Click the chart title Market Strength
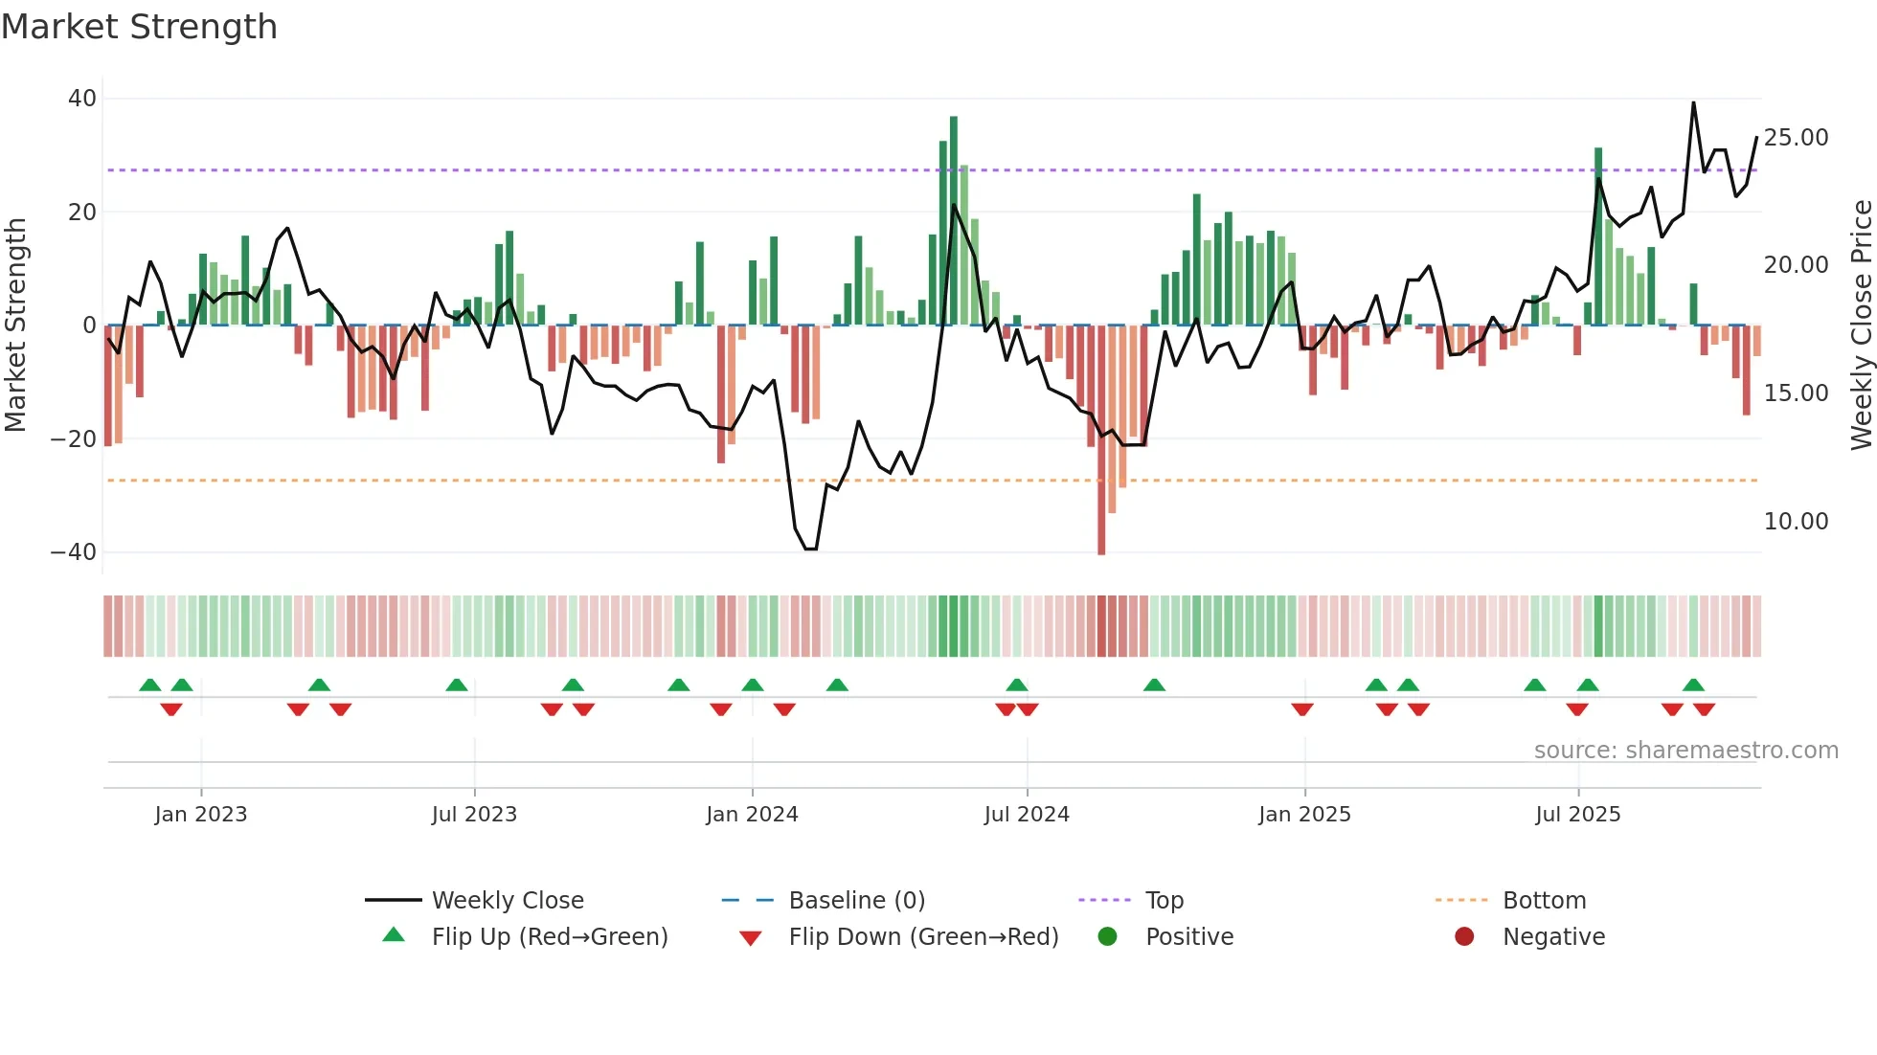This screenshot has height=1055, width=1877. coord(139,27)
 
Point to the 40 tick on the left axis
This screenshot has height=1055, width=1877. coord(82,99)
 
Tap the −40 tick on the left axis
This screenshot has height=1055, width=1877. coord(74,552)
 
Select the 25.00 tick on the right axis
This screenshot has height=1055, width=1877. coord(1796,138)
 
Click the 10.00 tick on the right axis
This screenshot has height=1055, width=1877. coord(1796,522)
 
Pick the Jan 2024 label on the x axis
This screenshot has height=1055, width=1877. coord(752,815)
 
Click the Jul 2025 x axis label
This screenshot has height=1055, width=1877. coord(1577,815)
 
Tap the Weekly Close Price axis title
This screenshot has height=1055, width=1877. coord(1861,325)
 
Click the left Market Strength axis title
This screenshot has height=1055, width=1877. coord(15,325)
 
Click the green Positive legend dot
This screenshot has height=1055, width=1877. coord(1108,937)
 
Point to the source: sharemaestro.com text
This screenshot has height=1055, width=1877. coord(1685,751)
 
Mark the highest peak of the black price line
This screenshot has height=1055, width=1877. coord(1693,103)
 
